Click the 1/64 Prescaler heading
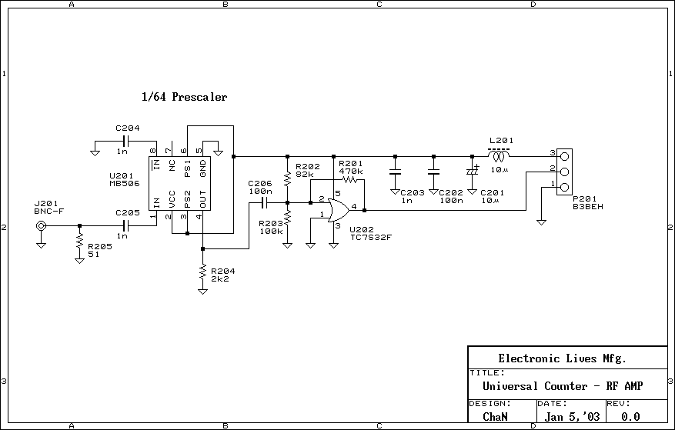pos(184,98)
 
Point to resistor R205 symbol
pos(79,242)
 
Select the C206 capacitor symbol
pos(263,203)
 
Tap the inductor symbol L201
pos(500,156)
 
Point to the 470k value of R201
pos(350,171)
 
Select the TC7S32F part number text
pos(371,237)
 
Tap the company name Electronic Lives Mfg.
pos(562,358)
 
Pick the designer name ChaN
pos(495,417)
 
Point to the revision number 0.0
pos(630,417)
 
